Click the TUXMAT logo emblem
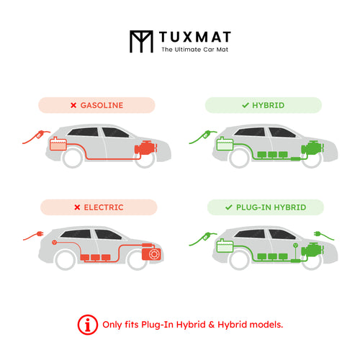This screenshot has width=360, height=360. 141,41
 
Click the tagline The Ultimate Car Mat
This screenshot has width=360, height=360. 194,50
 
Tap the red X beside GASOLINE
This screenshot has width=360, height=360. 73,105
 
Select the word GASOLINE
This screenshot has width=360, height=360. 102,105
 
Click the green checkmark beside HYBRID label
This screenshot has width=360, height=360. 246,105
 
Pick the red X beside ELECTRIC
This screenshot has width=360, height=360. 77,207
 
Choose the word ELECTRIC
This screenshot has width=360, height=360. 104,207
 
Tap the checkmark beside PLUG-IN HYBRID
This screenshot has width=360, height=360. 229,207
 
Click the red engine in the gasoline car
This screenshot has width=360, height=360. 146,148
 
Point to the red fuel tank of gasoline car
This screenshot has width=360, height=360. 58,144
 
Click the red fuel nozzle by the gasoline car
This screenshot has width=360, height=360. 40,135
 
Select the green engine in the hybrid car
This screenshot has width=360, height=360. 312,148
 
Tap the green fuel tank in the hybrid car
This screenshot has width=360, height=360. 225,144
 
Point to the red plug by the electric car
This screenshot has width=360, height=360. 40,233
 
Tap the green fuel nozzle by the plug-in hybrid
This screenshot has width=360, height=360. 207,236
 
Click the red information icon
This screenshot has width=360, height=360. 88,325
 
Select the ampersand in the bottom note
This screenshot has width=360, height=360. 212,325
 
